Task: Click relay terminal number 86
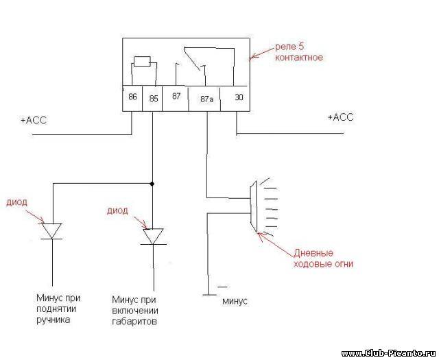132,97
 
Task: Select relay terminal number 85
154,99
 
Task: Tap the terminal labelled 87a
207,99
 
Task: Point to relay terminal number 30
239,97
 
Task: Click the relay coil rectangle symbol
142,62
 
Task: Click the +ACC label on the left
34,121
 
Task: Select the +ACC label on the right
340,117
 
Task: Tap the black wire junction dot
152,184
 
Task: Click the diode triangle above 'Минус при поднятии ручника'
52,231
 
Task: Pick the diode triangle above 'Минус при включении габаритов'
153,237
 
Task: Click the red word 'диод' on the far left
16,202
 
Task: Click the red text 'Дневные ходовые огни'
323,259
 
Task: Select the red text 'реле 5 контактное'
299,52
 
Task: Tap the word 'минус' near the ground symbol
235,302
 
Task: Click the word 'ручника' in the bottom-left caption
54,320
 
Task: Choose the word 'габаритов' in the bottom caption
134,322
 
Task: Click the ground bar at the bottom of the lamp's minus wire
209,295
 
